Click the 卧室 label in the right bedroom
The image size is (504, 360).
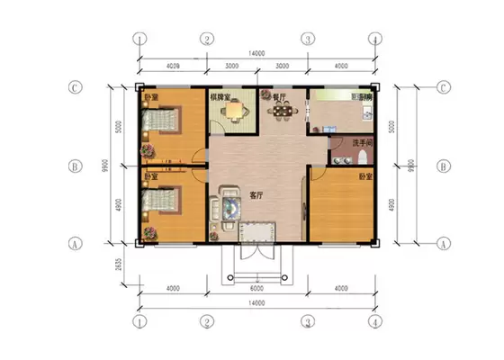point(365,176)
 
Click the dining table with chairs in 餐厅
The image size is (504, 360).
point(283,111)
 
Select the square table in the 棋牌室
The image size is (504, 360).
point(236,111)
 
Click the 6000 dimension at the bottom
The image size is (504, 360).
point(256,289)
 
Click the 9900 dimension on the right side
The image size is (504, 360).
point(410,166)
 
